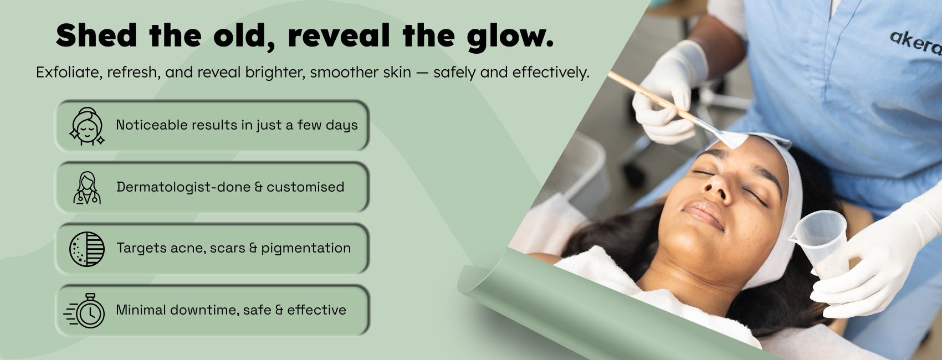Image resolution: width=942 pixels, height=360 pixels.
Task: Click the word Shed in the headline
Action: point(96,35)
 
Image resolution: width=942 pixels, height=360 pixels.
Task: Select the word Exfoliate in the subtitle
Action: point(69,73)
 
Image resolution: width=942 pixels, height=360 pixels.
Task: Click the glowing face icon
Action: point(87,126)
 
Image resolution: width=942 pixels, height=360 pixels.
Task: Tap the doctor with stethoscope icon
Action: point(87,188)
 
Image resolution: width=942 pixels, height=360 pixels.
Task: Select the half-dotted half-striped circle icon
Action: point(87,249)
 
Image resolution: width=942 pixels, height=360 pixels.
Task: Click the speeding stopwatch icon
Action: point(85,311)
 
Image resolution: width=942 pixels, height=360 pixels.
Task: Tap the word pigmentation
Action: point(306,248)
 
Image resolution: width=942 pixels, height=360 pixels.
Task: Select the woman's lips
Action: point(704,214)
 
